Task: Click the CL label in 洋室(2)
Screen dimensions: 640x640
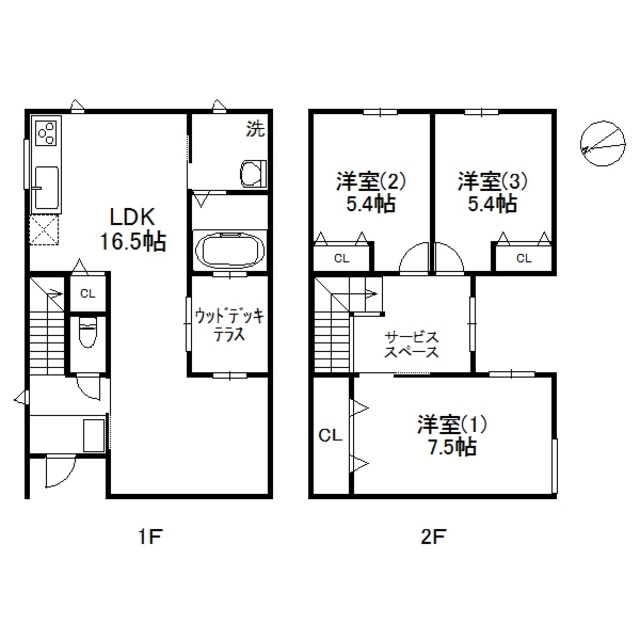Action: tap(341, 258)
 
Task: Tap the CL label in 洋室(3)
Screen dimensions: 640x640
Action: tap(524, 258)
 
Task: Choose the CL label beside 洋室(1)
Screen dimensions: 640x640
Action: tap(329, 436)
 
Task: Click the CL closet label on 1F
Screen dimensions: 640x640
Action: tap(87, 293)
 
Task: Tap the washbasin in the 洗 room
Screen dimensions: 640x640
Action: tap(251, 174)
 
